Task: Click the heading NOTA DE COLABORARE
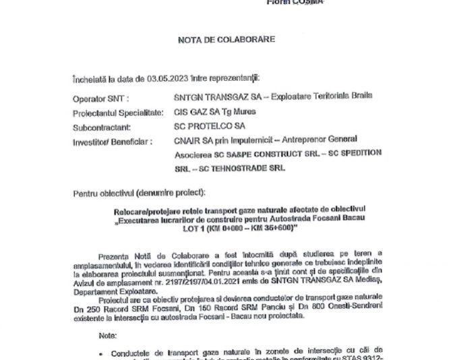click(226, 40)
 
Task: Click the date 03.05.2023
click(144, 78)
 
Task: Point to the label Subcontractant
click(101, 126)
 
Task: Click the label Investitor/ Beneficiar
click(113, 140)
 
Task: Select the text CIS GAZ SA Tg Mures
click(210, 112)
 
